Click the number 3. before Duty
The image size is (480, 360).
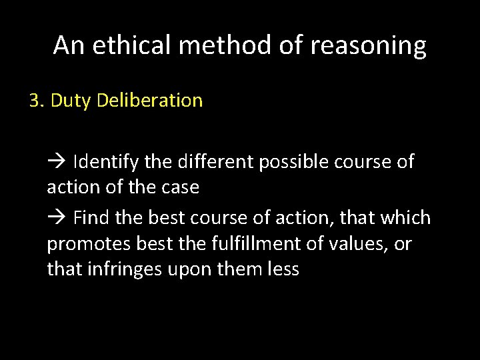pyautogui.click(x=36, y=101)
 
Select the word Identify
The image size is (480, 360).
pyautogui.click(x=101, y=161)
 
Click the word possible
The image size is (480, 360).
pyautogui.click(x=284, y=161)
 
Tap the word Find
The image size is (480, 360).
pyautogui.click(x=89, y=217)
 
